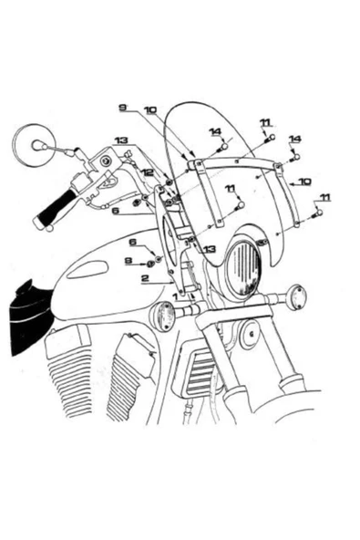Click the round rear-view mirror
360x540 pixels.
(34, 146)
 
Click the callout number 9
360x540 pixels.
(122, 108)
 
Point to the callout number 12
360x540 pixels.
(149, 172)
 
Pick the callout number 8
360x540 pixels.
(129, 261)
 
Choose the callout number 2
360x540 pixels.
(146, 278)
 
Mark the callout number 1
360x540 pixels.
(175, 296)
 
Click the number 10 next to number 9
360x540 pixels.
(150, 110)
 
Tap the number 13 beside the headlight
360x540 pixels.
(210, 249)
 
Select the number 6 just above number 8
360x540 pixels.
(133, 242)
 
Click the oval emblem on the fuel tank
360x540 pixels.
(87, 269)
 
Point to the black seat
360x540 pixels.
(30, 317)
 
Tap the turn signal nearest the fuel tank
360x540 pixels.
(163, 316)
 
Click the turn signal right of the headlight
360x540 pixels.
(297, 296)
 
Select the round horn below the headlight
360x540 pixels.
(251, 335)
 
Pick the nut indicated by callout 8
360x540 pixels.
(150, 264)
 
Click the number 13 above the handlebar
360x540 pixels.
(121, 140)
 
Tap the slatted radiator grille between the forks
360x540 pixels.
(200, 370)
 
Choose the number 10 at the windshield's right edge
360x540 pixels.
(305, 182)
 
